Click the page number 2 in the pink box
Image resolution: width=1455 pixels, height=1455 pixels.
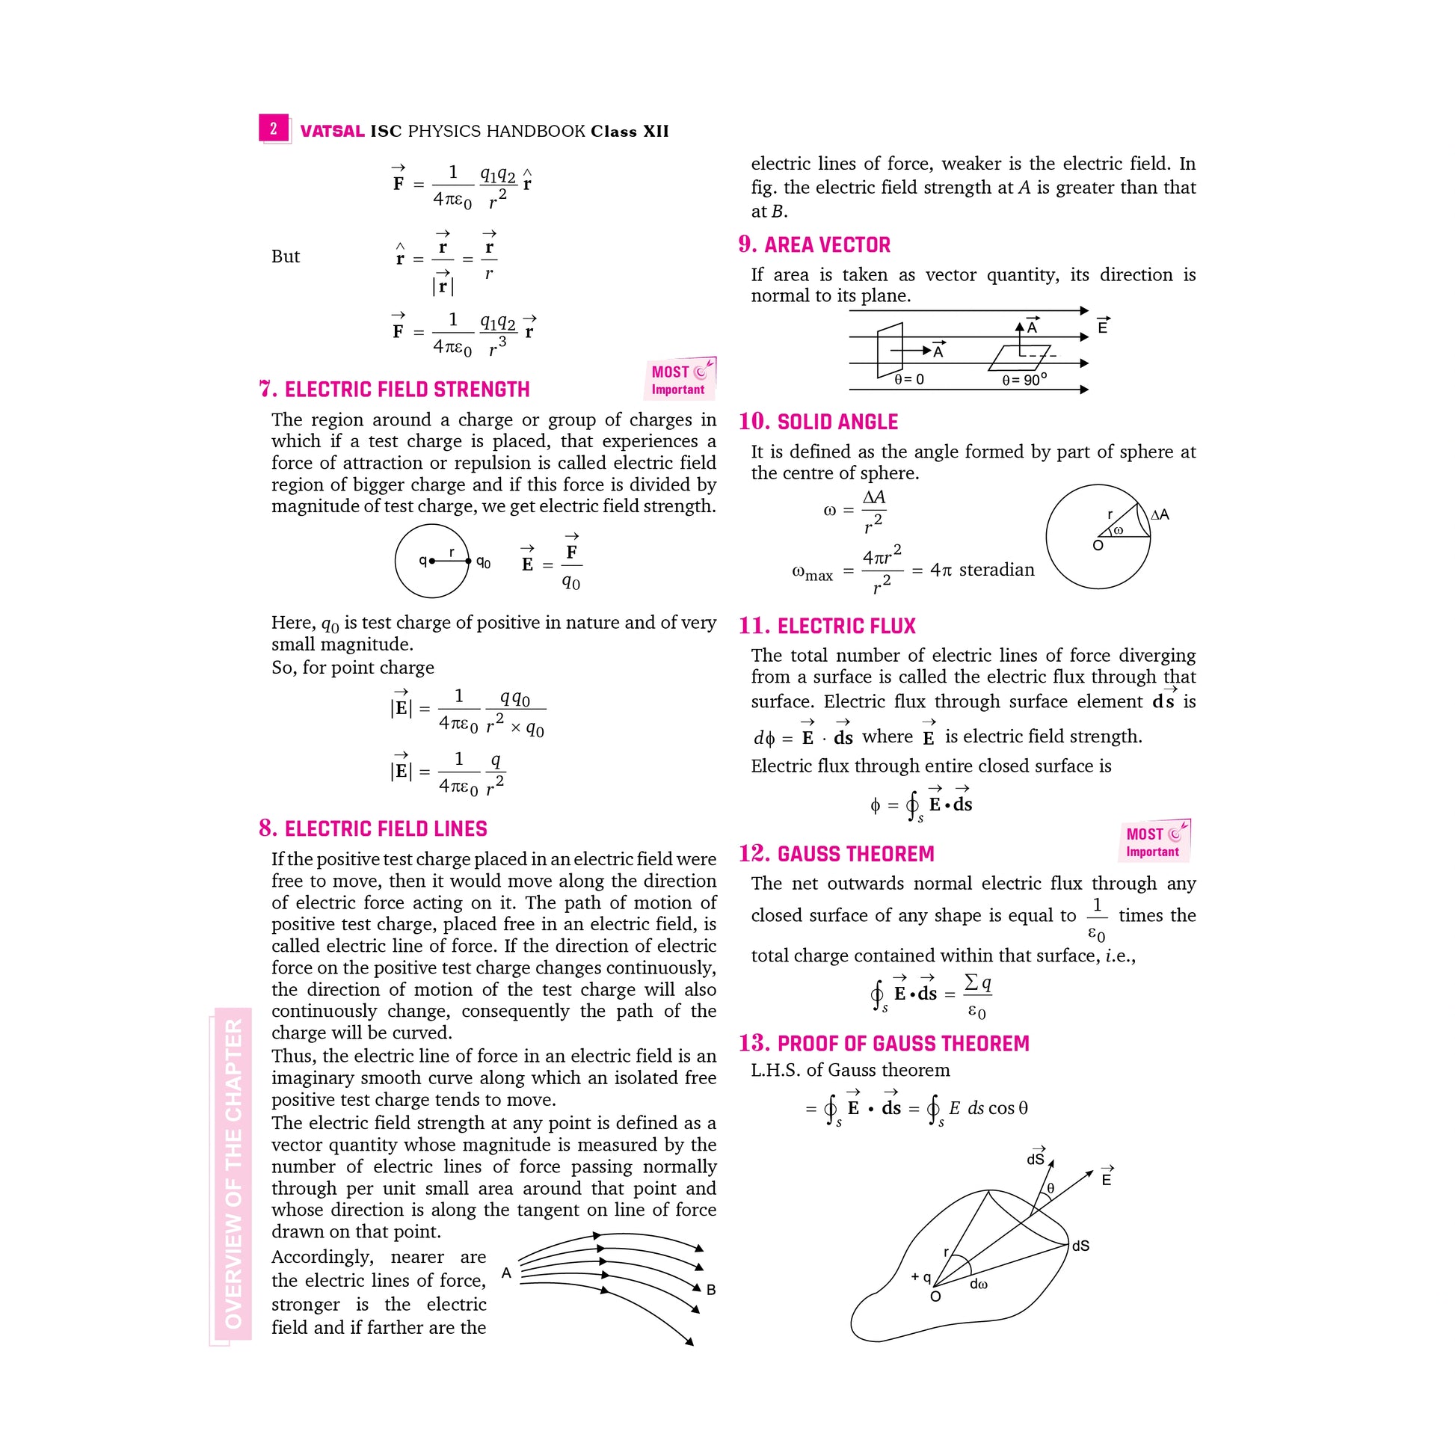coord(274,129)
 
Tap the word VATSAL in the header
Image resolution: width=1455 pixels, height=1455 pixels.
coord(332,132)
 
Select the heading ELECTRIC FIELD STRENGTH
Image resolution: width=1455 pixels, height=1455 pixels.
coord(407,390)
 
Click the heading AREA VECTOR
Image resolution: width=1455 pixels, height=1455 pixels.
coord(827,244)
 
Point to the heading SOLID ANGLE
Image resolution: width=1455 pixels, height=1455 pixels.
coord(837,422)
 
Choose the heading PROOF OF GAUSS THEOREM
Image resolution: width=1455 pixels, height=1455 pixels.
coord(903,1044)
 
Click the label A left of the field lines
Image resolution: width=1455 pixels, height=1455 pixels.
coord(506,1273)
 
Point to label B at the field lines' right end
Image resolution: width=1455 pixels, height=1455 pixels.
coord(710,1290)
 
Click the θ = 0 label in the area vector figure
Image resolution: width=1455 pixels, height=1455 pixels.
coord(909,380)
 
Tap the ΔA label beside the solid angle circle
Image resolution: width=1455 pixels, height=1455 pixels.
coord(1160,515)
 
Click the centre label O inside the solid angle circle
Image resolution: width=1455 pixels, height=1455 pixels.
coord(1098,545)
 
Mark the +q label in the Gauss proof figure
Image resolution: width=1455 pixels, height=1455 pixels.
coord(921,1277)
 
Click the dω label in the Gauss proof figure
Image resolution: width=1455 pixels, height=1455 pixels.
coord(978,1285)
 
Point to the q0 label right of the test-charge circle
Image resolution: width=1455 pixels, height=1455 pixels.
coord(484,562)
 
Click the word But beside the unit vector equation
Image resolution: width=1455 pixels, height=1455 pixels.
coord(286,256)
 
